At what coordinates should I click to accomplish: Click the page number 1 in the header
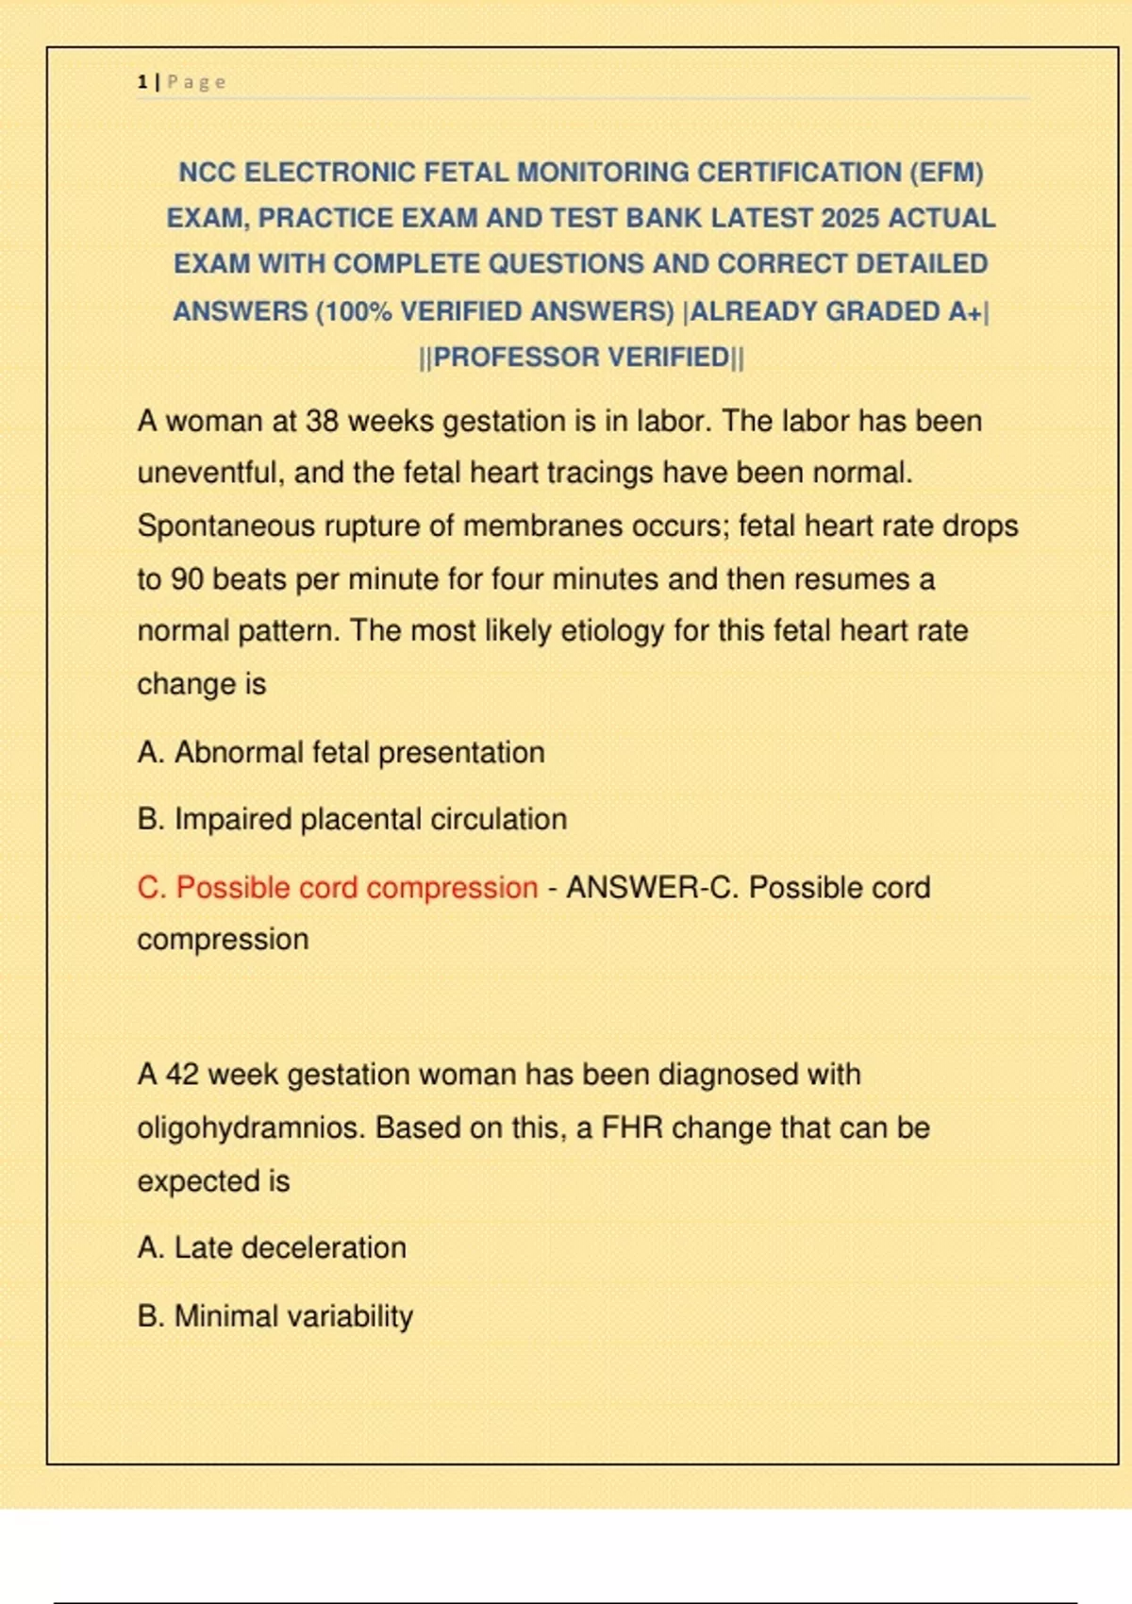(141, 82)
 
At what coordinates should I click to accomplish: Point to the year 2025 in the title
(851, 218)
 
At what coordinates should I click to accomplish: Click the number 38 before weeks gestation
(322, 421)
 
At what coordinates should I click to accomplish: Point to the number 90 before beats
(187, 578)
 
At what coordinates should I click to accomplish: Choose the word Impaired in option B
(233, 819)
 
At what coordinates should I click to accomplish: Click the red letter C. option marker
(151, 888)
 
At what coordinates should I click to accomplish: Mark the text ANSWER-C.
(652, 888)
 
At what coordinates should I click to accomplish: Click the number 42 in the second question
(182, 1075)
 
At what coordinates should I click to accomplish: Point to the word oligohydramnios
(251, 1128)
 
